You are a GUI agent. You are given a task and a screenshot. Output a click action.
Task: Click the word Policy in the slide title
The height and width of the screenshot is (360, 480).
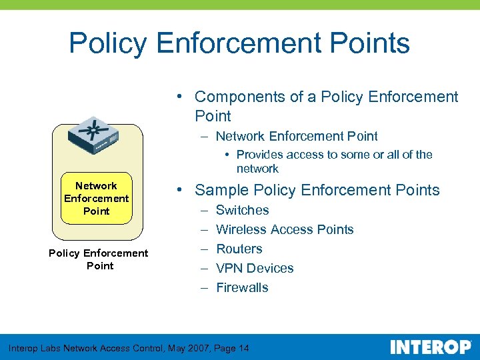[x=107, y=44]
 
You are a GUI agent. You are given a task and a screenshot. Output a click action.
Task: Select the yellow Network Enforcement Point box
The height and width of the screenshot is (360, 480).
[x=96, y=199]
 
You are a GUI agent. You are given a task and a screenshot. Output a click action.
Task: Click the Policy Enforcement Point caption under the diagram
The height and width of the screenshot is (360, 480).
[x=99, y=259]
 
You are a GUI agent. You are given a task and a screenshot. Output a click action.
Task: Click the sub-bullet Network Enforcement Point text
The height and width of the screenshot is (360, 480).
[x=297, y=137]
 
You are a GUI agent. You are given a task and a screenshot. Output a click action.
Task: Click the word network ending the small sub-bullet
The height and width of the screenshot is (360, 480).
[x=257, y=169]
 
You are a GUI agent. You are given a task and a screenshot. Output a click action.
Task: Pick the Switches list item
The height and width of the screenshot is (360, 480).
[x=243, y=211]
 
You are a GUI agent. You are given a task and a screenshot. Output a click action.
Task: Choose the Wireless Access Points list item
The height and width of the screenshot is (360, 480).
[x=285, y=230]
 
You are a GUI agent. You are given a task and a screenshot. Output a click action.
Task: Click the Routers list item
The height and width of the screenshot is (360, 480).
[x=239, y=249]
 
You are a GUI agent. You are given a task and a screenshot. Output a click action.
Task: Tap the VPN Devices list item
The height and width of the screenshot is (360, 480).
[x=255, y=269]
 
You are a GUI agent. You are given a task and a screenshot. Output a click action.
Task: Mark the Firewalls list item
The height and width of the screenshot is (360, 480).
[x=242, y=288]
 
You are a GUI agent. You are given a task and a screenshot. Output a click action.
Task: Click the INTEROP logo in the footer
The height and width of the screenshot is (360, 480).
[x=431, y=347]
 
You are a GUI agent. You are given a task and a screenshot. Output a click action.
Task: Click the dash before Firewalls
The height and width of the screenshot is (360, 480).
[x=203, y=288]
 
